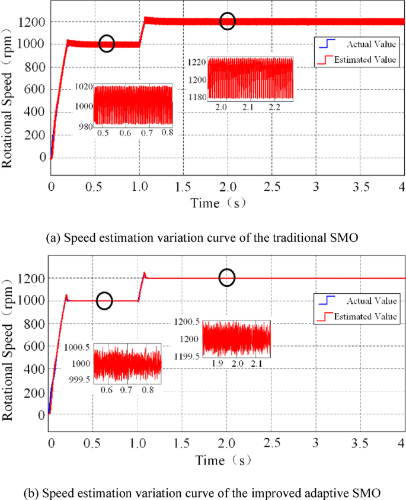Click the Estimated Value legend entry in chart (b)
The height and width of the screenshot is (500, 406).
pyautogui.click(x=364, y=317)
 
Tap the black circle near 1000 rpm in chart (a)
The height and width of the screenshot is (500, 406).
pyautogui.click(x=106, y=43)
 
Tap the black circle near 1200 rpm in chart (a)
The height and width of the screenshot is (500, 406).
pyautogui.click(x=228, y=21)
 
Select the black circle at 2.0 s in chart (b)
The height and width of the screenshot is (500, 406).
pyautogui.click(x=227, y=277)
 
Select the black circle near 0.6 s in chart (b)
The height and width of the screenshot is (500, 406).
pyautogui.click(x=104, y=300)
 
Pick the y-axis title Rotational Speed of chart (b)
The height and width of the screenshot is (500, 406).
pyautogui.click(x=8, y=355)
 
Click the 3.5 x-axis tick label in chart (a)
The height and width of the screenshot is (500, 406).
pyautogui.click(x=359, y=187)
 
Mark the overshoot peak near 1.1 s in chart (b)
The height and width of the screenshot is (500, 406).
pyautogui.click(x=145, y=274)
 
